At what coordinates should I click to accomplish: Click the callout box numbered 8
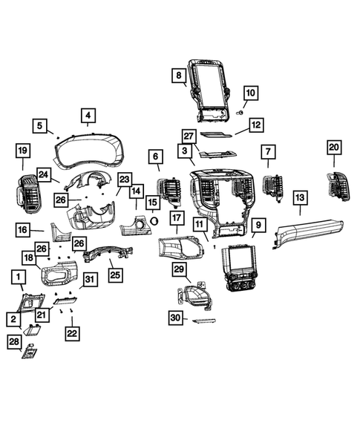tap(178, 76)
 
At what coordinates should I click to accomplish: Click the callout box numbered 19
tap(22, 152)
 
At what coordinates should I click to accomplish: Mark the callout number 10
tap(250, 93)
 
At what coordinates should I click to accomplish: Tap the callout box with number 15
tap(152, 202)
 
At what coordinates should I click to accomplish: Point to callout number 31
tap(89, 279)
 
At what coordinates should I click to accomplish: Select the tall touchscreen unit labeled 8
tap(213, 86)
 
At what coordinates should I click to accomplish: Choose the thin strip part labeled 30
tap(201, 321)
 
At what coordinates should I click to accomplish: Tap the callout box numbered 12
tap(255, 125)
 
